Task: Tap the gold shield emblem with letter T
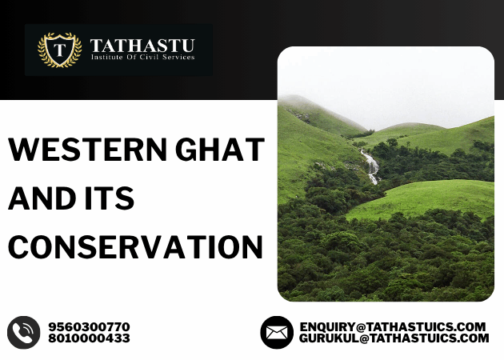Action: pos(59,50)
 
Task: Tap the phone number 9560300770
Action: pos(89,326)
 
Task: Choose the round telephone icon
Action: pos(24,332)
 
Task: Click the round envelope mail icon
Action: pos(276,332)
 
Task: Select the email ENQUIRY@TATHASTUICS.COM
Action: pos(393,326)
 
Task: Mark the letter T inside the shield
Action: pos(59,50)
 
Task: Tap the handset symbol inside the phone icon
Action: pos(24,332)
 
